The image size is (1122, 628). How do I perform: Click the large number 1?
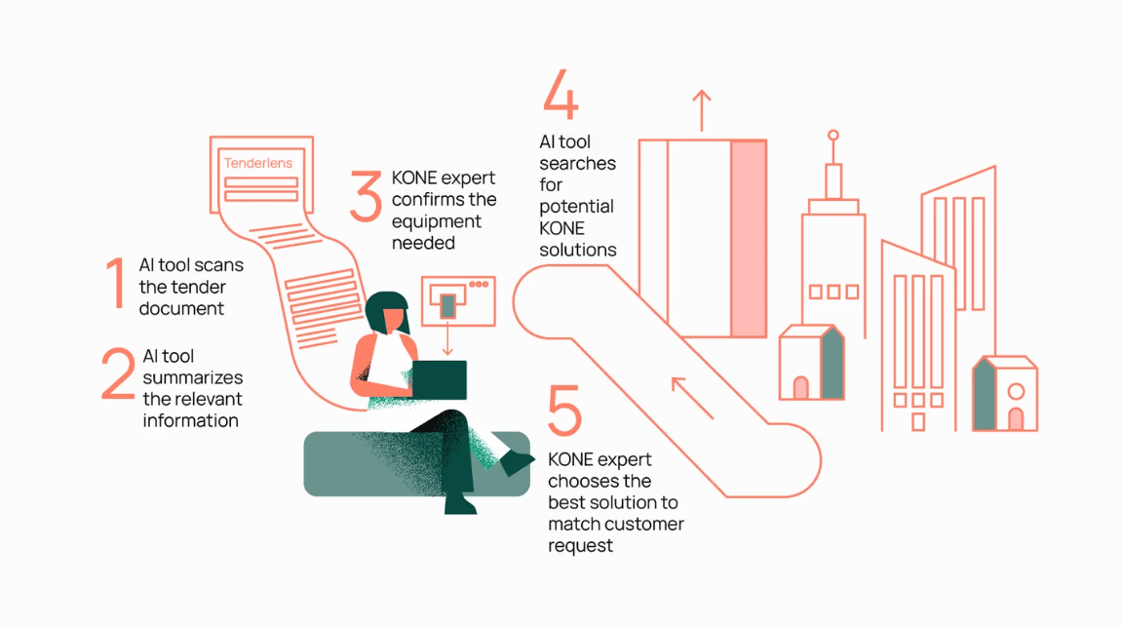point(117,284)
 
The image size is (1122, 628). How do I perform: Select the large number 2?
point(118,375)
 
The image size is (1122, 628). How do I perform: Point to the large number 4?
point(561,94)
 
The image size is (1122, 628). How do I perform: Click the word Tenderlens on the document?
point(257,163)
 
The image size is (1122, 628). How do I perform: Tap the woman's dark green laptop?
point(438,379)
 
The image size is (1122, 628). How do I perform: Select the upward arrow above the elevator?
point(701,109)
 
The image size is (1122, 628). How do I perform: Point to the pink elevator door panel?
point(749,238)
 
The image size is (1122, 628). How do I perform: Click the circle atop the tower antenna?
point(832,136)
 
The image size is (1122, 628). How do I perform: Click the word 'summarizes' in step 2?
point(192,378)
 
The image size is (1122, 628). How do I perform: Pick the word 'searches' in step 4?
point(577,164)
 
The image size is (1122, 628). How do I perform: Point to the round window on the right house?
point(1016,392)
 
